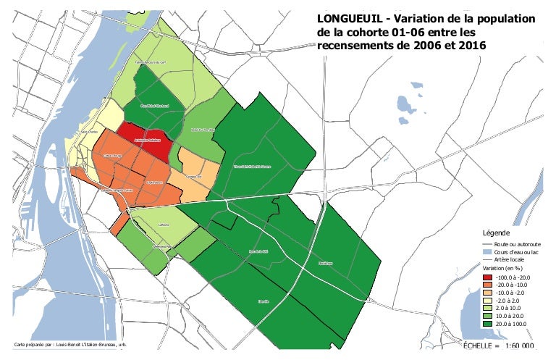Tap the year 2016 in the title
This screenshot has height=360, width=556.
(x=468, y=46)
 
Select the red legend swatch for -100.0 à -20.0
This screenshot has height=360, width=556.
(x=489, y=277)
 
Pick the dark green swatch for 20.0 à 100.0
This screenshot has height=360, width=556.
(x=489, y=325)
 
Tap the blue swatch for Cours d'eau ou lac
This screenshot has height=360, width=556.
(x=489, y=252)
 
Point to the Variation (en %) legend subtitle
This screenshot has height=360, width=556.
(x=505, y=268)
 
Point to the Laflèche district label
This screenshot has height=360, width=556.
(x=163, y=225)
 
